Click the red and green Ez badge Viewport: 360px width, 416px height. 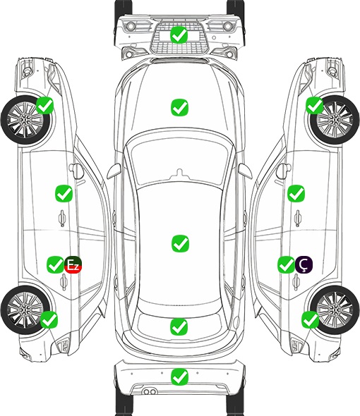(73, 264)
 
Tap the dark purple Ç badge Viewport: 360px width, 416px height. (304, 264)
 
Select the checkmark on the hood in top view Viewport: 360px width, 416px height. (179, 107)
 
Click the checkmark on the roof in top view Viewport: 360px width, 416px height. (180, 243)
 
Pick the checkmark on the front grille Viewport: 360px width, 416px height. (179, 35)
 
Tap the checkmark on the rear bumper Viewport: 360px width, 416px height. (179, 377)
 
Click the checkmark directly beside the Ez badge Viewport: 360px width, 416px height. (55, 264)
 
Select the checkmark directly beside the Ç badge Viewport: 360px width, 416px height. (286, 264)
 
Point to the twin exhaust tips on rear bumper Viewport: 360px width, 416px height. (149, 391)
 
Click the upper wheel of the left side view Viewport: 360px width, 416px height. (26, 120)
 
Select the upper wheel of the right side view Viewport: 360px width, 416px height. (335, 120)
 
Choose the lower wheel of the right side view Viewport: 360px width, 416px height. (335, 310)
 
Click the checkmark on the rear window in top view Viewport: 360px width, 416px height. (179, 327)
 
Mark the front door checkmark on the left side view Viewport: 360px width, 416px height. (64, 194)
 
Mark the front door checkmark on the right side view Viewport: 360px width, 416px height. (296, 193)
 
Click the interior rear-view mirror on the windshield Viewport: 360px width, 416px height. (180, 173)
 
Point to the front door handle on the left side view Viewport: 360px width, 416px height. (62, 218)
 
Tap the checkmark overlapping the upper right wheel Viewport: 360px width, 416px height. (315, 105)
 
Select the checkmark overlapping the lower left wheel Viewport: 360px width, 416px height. (49, 319)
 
